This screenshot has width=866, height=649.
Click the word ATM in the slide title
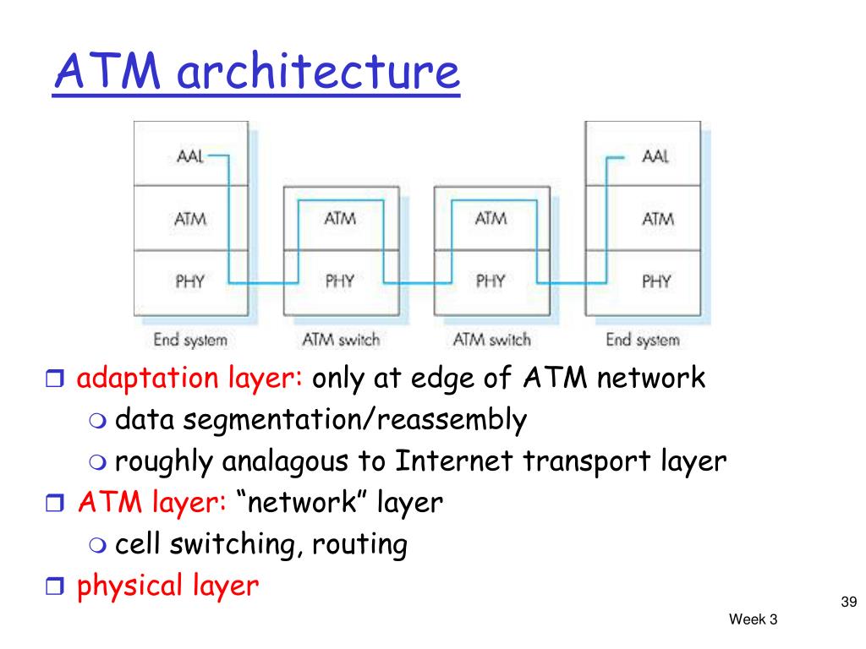(107, 71)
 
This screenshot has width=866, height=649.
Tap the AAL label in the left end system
(190, 156)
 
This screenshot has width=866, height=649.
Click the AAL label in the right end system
(655, 156)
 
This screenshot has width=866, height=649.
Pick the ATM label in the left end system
(190, 219)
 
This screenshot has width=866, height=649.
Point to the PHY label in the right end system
(656, 281)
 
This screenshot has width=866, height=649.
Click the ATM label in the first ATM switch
(340, 219)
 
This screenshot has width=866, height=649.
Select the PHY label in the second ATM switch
(491, 281)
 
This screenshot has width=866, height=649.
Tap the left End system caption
(190, 340)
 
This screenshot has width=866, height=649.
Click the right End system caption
(643, 340)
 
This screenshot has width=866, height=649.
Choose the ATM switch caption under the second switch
(491, 339)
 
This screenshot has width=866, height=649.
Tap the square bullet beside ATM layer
(55, 503)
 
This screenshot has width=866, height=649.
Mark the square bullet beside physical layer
(55, 586)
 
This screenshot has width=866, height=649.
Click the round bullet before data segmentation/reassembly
(97, 421)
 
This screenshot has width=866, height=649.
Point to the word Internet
(454, 461)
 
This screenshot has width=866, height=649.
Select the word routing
(359, 545)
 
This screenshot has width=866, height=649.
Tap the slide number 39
(849, 602)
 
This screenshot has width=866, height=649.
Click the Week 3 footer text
(753, 619)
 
